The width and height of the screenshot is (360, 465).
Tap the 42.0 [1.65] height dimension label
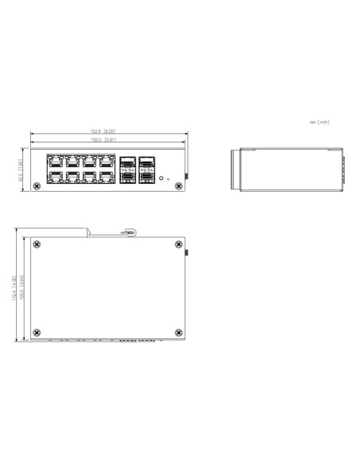pos(22,170)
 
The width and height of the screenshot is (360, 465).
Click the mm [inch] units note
pos(319,122)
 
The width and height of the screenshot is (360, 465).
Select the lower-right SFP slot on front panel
pos(147,178)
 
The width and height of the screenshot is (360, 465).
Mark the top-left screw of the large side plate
pos(36,245)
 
